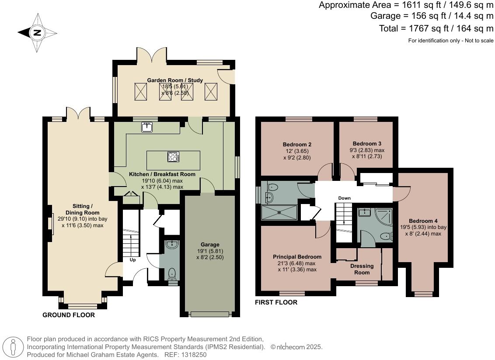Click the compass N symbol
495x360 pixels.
point(37,32)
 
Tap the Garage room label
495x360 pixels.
point(210,245)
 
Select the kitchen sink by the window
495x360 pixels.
point(147,127)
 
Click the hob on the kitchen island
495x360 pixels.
point(173,157)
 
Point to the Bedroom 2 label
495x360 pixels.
point(297,145)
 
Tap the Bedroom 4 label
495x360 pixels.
point(423,221)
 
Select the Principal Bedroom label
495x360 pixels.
point(297,257)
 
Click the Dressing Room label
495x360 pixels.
point(362,269)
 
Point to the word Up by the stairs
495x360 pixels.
point(132,260)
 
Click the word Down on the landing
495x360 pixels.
point(345,198)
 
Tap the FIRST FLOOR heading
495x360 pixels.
point(276,302)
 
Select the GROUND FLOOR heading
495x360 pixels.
point(69,315)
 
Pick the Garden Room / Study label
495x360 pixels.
point(175,80)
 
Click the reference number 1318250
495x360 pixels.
point(194,355)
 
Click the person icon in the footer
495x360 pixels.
point(13,347)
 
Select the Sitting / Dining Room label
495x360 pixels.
point(82,209)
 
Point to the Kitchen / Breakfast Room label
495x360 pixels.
point(162,174)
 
